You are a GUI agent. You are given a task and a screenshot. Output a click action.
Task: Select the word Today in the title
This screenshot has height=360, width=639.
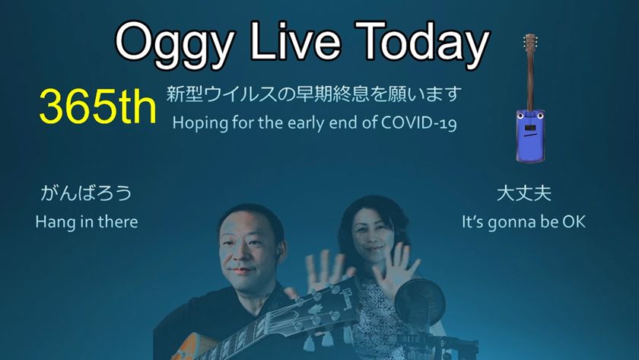point(422,43)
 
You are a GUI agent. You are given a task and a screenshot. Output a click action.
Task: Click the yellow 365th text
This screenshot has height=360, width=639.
point(98,107)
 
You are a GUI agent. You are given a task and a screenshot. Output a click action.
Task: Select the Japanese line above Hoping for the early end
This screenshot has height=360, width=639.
point(313,94)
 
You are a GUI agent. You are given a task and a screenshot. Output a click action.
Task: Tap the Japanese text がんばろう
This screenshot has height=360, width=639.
point(87,193)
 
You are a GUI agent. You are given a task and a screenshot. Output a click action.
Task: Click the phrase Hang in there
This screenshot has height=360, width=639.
point(87,222)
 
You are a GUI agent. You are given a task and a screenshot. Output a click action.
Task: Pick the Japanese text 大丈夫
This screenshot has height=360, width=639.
point(524,193)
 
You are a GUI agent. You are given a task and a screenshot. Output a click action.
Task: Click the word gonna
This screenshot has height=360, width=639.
point(510,223)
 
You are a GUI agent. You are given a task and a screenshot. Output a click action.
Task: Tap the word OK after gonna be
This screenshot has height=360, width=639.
point(574,221)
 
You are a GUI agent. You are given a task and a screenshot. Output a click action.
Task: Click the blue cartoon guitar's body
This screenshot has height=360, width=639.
point(530,135)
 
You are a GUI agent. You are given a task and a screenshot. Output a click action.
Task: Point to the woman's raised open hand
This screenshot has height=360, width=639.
point(394,269)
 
